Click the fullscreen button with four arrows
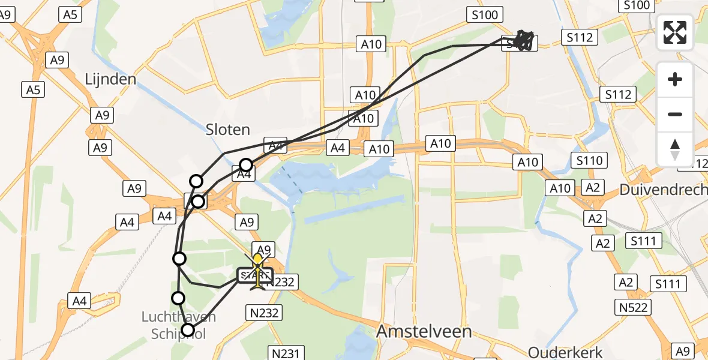675,32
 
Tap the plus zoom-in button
675,79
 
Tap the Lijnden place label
110,79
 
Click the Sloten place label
227,130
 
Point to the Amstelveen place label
424,332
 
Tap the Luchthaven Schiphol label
178,325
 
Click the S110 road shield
589,160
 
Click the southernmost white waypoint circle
188,330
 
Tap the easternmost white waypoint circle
246,165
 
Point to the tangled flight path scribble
523,40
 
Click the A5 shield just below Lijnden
33,90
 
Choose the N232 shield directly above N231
264,312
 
